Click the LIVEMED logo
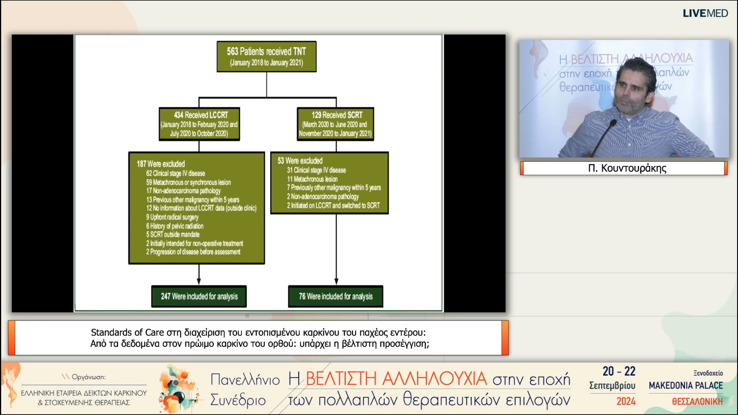705,13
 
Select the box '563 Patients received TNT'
266,56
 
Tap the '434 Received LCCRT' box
199,124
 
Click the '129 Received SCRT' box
335,124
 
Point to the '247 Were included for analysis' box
199,296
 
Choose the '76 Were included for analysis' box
336,296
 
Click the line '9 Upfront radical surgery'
172,217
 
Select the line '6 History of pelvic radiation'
175,226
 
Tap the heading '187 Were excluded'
161,164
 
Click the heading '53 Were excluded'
300,161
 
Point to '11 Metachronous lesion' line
312,179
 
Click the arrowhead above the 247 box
199,281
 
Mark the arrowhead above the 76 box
336,281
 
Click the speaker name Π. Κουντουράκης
627,168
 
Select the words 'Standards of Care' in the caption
127,333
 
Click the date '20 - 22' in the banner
619,371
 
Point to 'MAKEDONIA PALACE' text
686,386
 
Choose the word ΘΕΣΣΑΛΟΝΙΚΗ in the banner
697,401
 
